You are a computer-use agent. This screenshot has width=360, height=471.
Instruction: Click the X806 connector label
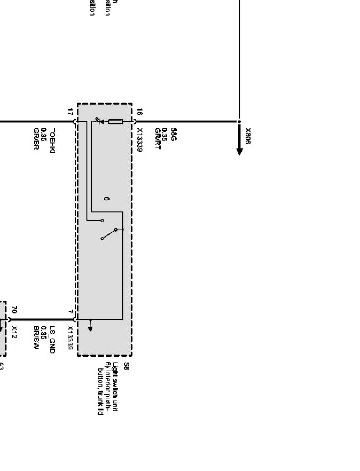[x=248, y=136]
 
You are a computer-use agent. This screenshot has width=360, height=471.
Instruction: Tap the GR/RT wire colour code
[x=158, y=139]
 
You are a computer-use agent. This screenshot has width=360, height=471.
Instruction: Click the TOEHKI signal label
[x=52, y=141]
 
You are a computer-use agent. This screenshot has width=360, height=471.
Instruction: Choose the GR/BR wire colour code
[x=36, y=139]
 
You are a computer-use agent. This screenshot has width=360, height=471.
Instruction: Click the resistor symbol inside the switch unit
[x=115, y=122]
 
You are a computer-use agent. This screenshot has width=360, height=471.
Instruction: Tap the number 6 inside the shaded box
[x=107, y=198]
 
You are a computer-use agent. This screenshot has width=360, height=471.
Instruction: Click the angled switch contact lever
[x=109, y=234]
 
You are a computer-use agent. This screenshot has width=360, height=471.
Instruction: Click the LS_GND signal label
[x=52, y=339]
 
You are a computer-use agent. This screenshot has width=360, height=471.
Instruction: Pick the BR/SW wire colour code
[x=36, y=338]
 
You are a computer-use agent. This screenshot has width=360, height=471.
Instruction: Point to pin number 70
[x=15, y=310]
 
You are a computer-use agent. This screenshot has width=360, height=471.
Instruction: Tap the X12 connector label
[x=15, y=332]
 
